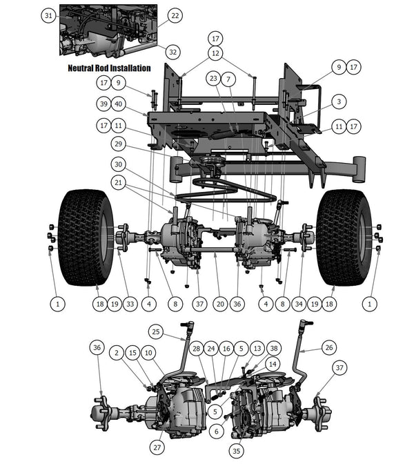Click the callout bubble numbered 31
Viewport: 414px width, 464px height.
click(x=48, y=15)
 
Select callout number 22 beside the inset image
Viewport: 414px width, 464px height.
click(x=174, y=15)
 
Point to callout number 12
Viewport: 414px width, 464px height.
click(x=216, y=53)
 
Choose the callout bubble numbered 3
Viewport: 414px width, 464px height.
click(x=338, y=101)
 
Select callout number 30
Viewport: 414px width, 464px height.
click(x=119, y=165)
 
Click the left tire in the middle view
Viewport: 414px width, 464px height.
click(x=86, y=237)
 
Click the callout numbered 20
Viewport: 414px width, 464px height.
click(x=220, y=302)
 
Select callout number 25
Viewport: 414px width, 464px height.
click(x=156, y=332)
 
